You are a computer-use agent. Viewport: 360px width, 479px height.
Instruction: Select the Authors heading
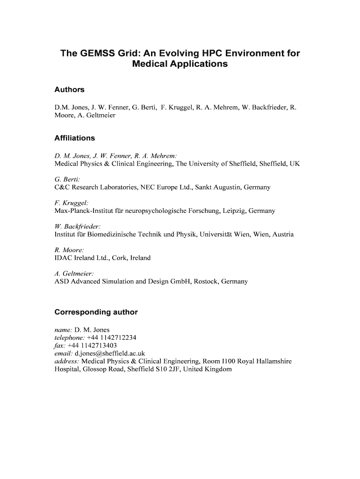click(69, 89)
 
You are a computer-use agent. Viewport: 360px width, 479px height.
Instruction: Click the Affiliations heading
click(75, 138)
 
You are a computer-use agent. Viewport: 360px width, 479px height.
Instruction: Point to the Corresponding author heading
click(96, 312)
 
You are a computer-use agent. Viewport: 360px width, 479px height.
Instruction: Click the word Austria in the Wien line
click(283, 234)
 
